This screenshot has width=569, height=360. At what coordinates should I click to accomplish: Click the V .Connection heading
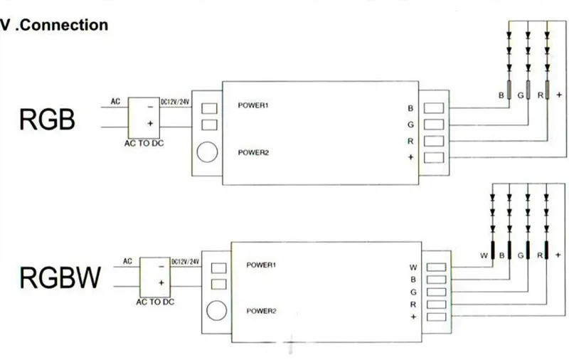pyautogui.click(x=54, y=25)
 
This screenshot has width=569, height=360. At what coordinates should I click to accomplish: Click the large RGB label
pyautogui.click(x=47, y=120)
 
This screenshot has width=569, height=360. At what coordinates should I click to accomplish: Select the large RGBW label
pyautogui.click(x=60, y=277)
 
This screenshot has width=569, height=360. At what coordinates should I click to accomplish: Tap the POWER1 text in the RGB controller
pyautogui.click(x=253, y=105)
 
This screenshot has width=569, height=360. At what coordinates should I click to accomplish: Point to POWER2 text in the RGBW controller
pyautogui.click(x=261, y=311)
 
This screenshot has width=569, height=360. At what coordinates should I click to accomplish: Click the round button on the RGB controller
pyautogui.click(x=207, y=152)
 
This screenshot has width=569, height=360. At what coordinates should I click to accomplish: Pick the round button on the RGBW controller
pyautogui.click(x=217, y=311)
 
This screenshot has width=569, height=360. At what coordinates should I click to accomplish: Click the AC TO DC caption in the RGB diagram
pyautogui.click(x=144, y=143)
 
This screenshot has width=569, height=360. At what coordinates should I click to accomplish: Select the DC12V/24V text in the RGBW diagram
pyautogui.click(x=185, y=262)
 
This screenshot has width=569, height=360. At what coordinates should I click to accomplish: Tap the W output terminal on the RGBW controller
pyautogui.click(x=436, y=268)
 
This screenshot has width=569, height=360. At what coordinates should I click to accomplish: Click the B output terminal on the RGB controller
pyautogui.click(x=434, y=108)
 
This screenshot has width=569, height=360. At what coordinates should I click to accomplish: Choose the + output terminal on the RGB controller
pyautogui.click(x=434, y=157)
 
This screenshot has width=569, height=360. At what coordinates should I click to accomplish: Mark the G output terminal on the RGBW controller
pyautogui.click(x=436, y=292)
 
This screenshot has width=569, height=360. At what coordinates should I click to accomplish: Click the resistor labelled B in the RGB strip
pyautogui.click(x=509, y=90)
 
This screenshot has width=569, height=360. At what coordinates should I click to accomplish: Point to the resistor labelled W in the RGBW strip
pyautogui.click(x=492, y=250)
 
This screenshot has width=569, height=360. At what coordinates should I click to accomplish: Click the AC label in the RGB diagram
pyautogui.click(x=115, y=102)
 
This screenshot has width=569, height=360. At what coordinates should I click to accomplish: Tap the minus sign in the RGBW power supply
pyautogui.click(x=161, y=267)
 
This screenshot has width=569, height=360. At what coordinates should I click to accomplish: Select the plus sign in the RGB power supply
pyautogui.click(x=150, y=123)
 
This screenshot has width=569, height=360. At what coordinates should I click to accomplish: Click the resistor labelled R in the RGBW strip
pyautogui.click(x=546, y=250)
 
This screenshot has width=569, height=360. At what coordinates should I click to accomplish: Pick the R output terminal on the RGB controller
pyautogui.click(x=434, y=141)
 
